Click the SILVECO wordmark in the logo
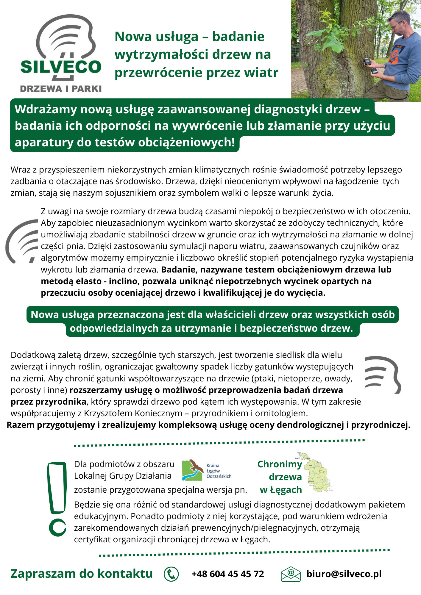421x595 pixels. [x=61, y=67]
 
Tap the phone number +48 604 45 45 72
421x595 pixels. [x=228, y=574]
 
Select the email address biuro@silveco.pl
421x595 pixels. [x=344, y=574]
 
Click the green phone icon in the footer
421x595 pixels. [x=171, y=574]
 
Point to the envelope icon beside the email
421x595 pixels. [x=291, y=574]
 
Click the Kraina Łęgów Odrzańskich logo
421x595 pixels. [x=206, y=470]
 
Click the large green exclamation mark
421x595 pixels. [x=57, y=499]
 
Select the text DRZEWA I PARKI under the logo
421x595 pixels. [x=61, y=89]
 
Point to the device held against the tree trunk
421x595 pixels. [x=367, y=62]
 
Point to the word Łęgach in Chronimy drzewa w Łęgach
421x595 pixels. [x=286, y=490]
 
